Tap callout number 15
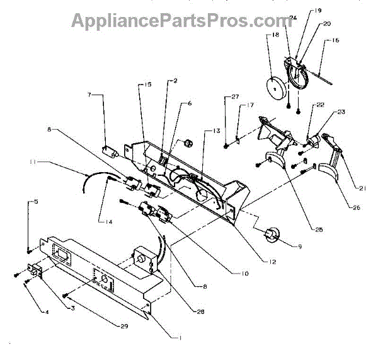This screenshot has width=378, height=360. tap(148, 84)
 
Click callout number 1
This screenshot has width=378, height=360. tap(180, 337)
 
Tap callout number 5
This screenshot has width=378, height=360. tap(36, 202)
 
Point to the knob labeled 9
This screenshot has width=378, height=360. tap(272, 235)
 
